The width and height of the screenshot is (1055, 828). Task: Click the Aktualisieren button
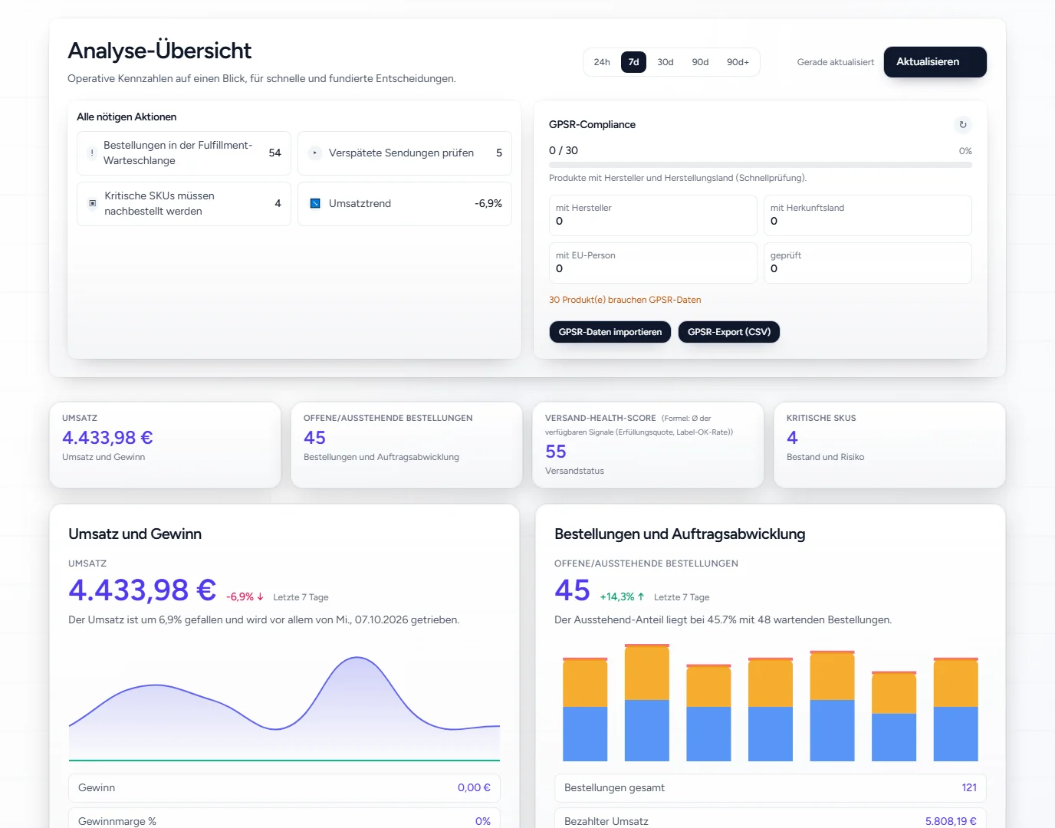[x=935, y=61]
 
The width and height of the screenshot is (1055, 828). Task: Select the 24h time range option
[x=602, y=62]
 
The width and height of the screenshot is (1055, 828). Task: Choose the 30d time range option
[x=666, y=62]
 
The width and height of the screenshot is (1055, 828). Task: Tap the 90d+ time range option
[x=738, y=62]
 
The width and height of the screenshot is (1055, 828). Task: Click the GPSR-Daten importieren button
[x=610, y=332]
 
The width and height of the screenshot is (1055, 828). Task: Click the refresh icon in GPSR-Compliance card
[x=963, y=125]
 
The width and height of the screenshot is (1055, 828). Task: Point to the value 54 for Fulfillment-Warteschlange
[x=274, y=153]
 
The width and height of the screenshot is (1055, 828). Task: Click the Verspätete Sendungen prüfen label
[x=401, y=153]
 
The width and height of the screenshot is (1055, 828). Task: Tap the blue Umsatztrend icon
[x=315, y=203]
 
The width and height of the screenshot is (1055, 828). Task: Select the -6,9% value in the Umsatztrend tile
[x=488, y=203]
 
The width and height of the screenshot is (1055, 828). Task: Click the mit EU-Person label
[x=585, y=255]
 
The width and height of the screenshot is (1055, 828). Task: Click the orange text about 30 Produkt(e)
[x=625, y=300]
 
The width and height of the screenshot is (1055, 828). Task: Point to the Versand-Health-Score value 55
[x=555, y=452]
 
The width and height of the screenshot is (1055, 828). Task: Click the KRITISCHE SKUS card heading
[x=821, y=418]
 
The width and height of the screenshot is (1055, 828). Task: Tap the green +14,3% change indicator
[x=622, y=597]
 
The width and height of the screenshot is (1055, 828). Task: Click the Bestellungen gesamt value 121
[x=968, y=787]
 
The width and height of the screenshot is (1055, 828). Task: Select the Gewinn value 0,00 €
[x=474, y=787]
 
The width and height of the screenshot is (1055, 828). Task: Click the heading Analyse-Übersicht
[x=159, y=51]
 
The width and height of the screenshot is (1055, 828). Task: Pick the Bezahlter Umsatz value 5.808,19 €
[x=951, y=821]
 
